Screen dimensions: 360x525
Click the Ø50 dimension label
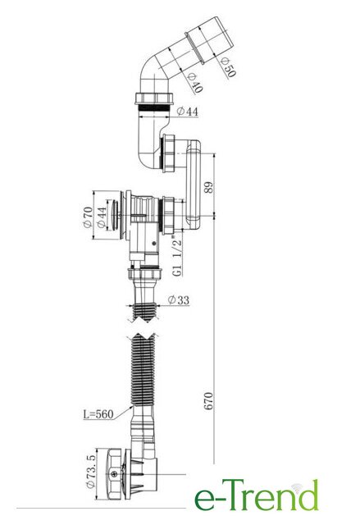(229, 67)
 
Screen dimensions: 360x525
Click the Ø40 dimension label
(195, 82)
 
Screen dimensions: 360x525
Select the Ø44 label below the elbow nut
(187, 111)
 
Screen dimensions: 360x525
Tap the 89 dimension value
(208, 187)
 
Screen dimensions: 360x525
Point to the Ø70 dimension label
(88, 217)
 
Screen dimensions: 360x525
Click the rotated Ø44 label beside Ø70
(102, 217)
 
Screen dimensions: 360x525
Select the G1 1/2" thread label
(178, 257)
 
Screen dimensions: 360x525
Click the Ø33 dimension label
(178, 300)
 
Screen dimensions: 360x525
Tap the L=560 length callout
(98, 413)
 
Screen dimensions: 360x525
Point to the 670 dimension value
(207, 401)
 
